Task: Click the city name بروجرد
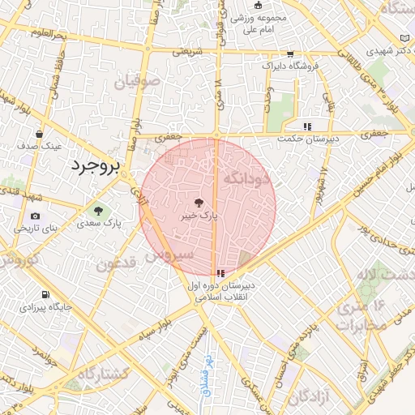(94, 166)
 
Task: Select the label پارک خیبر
(200, 216)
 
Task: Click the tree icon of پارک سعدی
(98, 211)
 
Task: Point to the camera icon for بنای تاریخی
(35, 216)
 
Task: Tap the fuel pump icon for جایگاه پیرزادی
(45, 294)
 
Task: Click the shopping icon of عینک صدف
(39, 134)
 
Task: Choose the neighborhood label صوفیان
(138, 82)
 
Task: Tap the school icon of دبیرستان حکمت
(306, 126)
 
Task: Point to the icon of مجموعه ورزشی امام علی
(259, 6)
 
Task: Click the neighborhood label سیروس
(170, 255)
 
